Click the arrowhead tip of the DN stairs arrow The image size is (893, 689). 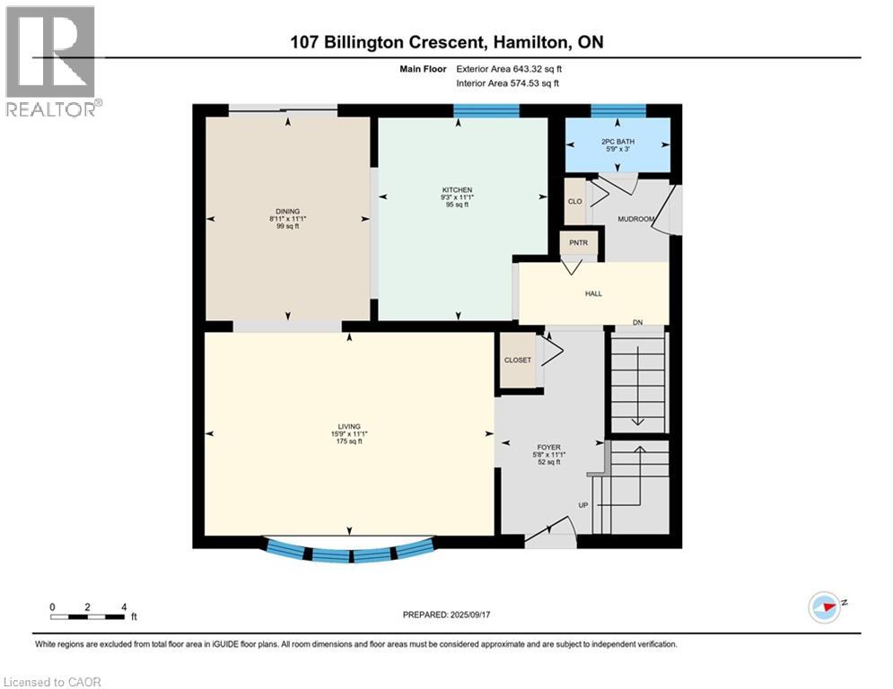coord(638,425)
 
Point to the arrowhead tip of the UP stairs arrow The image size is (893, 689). coord(640,447)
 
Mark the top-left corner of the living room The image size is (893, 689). coord(205,333)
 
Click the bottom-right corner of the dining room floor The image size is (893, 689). coord(370,320)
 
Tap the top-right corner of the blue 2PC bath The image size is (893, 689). coord(670,118)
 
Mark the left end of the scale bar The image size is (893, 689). coord(51,616)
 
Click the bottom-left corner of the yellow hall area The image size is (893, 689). coord(520,324)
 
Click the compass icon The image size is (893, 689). coord(824,607)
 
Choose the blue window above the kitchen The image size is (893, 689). coord(486,110)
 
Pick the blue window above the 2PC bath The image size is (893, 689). coord(618,110)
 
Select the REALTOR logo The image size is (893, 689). coord(51,62)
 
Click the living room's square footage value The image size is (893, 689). coord(349,441)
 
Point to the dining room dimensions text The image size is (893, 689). coord(288,219)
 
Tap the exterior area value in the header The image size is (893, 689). coord(538,69)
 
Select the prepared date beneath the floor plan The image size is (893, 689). coord(470,615)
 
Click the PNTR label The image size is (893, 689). coord(578,242)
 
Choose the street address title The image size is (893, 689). coord(447,42)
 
